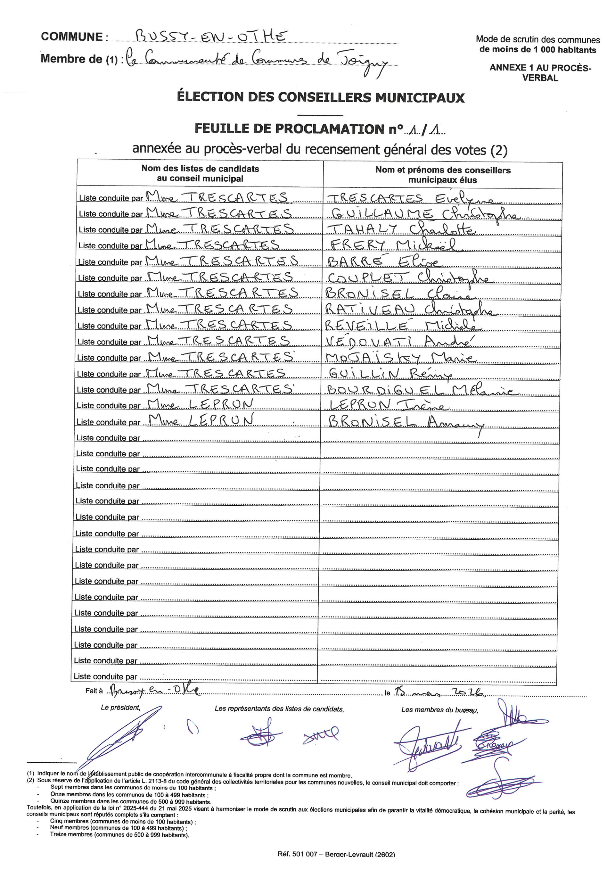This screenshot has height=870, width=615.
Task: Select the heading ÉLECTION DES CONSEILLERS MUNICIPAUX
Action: [x=320, y=97]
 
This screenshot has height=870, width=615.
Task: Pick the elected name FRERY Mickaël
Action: [x=395, y=245]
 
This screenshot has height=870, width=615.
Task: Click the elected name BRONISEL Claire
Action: [x=399, y=294]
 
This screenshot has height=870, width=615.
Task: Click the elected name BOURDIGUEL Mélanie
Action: [x=420, y=390]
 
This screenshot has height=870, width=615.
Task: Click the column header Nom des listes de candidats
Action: [x=200, y=169]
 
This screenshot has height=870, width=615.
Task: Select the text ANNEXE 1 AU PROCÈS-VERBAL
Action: [x=540, y=72]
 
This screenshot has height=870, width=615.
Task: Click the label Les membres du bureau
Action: [x=439, y=710]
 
